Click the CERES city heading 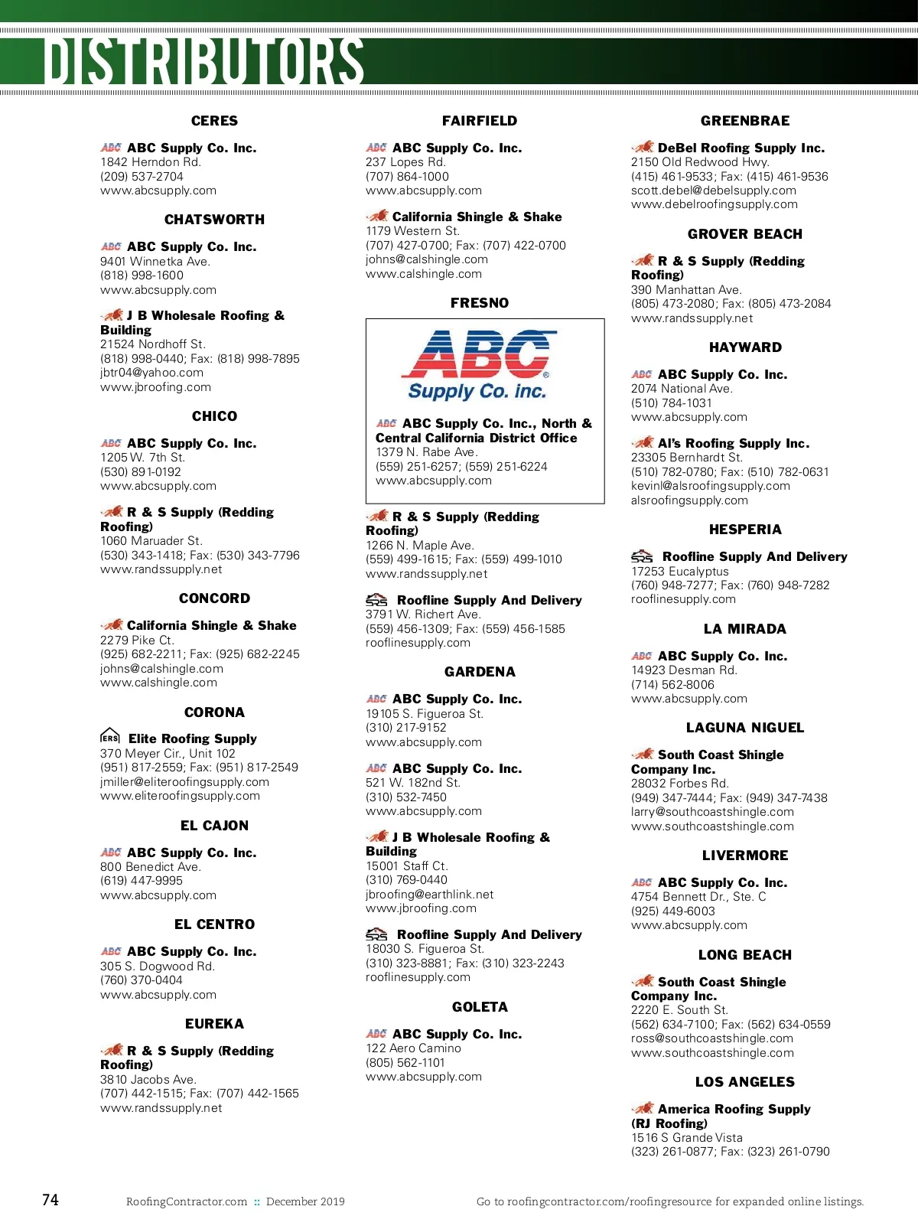pos(214,121)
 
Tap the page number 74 pos(50,1200)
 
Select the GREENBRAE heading pos(744,121)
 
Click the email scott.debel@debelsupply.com pos(713,191)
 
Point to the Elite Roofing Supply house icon pos(110,736)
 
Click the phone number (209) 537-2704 pos(142,177)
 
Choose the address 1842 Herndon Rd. pos(150,162)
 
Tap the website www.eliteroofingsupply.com pos(180,796)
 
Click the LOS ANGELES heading pos(744,1082)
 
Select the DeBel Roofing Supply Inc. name pos(741,148)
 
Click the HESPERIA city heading pos(744,530)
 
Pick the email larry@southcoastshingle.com pos(711,812)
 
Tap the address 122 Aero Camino pos(413,1048)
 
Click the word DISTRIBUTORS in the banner pos(203,61)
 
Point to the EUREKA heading pos(214,1024)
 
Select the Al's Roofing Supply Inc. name pos(733,444)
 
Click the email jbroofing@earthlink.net pos(429,895)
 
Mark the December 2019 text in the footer pos(305,1201)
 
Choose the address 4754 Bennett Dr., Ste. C pos(698,897)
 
